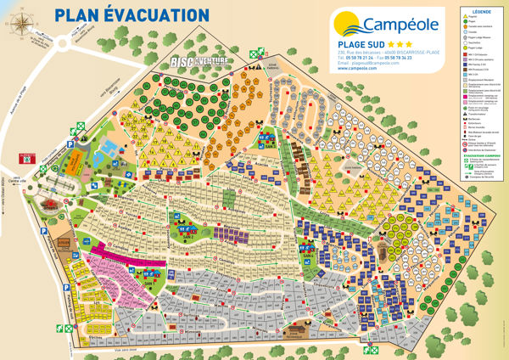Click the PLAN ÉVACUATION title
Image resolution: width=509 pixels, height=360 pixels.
(131, 14)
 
